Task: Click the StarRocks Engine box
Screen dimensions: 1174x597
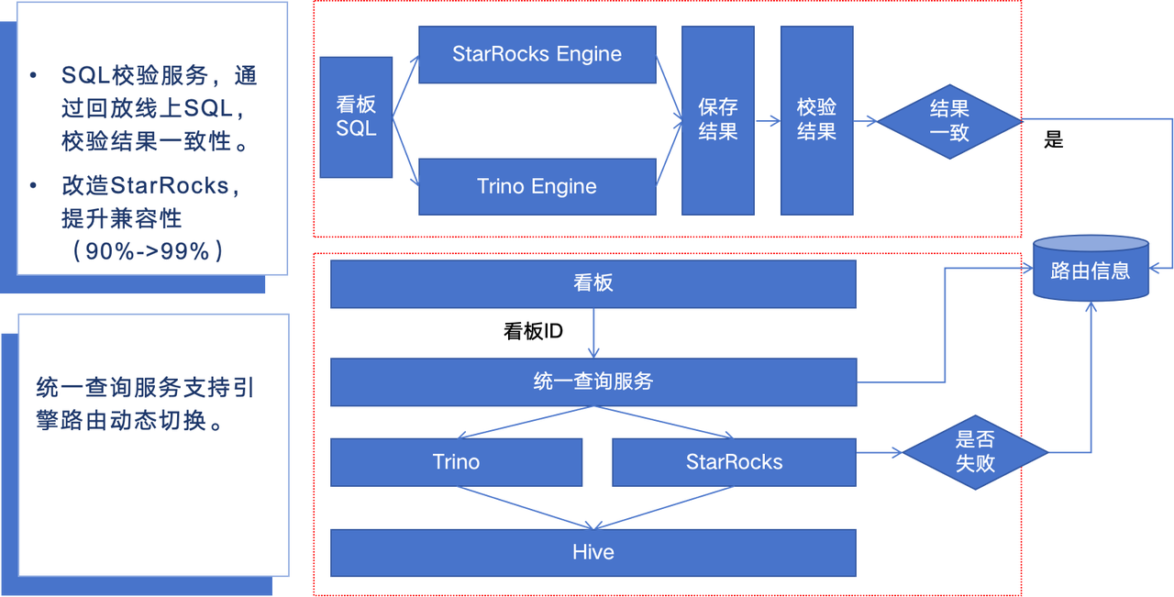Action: pos(537,54)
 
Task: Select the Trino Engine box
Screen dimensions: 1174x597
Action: pos(537,186)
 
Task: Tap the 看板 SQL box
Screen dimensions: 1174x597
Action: pos(356,117)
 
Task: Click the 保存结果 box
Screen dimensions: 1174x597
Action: pos(718,120)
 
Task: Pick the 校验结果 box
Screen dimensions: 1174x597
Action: pos(816,120)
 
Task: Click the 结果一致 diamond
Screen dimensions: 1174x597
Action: pos(949,122)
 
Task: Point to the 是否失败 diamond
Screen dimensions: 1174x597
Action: pos(975,452)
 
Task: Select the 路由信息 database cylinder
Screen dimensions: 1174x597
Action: pos(1091,269)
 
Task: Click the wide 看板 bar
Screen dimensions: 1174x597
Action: pos(593,284)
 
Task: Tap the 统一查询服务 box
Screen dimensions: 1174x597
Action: pos(593,382)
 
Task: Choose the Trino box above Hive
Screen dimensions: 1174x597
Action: pos(456,462)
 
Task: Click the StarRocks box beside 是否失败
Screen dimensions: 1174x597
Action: pos(735,462)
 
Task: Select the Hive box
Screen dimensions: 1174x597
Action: pos(593,553)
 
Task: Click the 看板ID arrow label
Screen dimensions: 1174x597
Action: pos(533,332)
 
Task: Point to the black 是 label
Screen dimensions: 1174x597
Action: pos(1054,140)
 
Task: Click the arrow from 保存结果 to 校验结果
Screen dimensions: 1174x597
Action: pos(768,121)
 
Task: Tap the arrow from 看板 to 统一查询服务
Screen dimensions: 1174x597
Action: pos(593,333)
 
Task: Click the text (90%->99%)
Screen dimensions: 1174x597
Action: pos(148,251)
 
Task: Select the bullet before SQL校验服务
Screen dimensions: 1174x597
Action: pos(34,75)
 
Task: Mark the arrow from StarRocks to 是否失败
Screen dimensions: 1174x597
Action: pos(880,452)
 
